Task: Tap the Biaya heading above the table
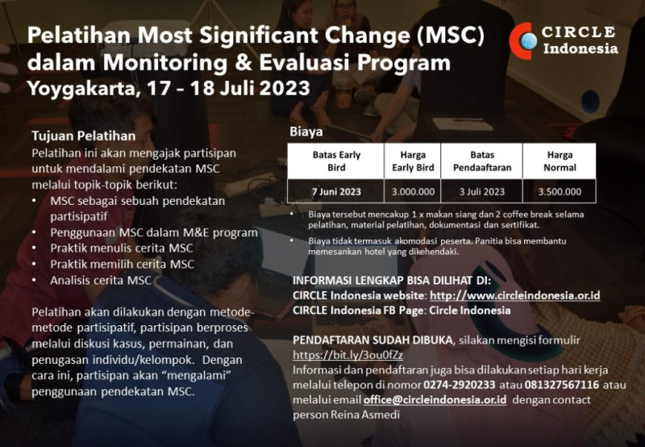(x=306, y=132)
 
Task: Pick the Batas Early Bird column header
(x=336, y=161)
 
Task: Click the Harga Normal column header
(x=560, y=161)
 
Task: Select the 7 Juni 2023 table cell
(x=336, y=192)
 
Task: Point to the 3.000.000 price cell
(x=414, y=192)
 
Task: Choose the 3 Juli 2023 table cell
(x=482, y=192)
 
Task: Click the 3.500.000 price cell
(x=560, y=192)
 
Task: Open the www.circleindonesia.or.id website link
(x=515, y=295)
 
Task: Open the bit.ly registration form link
(x=347, y=354)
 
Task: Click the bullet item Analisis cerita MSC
(x=101, y=280)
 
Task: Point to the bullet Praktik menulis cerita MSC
(x=122, y=248)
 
